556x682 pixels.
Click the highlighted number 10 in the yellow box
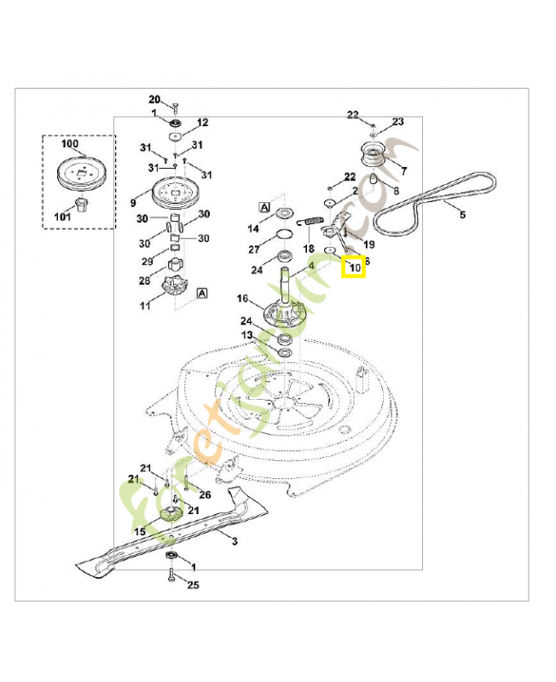coord(353,269)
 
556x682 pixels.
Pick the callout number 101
coord(62,216)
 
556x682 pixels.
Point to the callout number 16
coord(243,298)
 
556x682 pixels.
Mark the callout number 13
coord(246,336)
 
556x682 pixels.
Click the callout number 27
coord(254,250)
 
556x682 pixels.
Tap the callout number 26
coord(205,495)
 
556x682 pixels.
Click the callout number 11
coord(146,304)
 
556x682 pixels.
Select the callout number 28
coord(146,280)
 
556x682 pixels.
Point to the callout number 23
coord(397,122)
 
